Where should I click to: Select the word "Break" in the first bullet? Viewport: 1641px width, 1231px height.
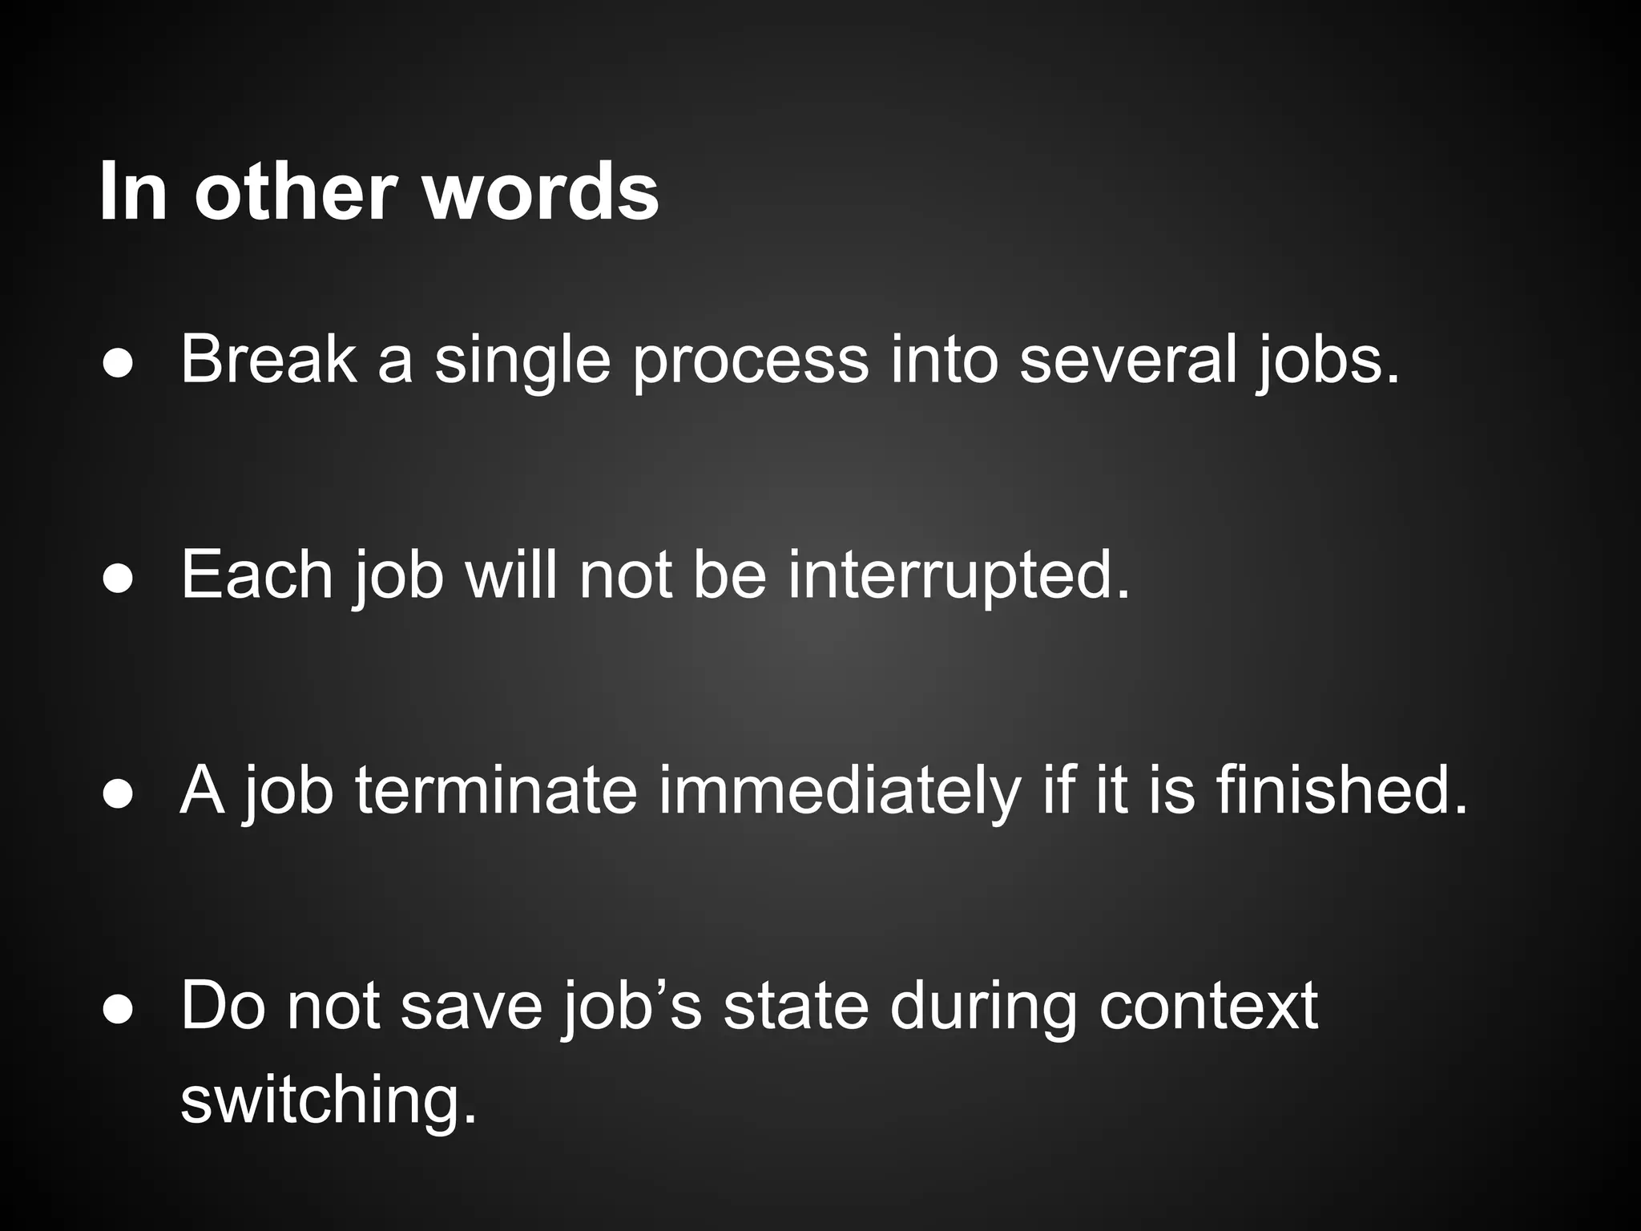[268, 360]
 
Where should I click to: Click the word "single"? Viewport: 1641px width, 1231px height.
[522, 360]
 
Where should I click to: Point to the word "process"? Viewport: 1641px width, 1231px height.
[750, 360]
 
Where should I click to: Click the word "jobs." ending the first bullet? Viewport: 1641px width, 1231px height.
[1328, 360]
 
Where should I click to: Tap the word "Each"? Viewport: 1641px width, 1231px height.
[256, 575]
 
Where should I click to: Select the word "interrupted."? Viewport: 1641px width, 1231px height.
[959, 575]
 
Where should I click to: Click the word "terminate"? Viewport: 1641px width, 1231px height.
[495, 790]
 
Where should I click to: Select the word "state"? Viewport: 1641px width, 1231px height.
[795, 1006]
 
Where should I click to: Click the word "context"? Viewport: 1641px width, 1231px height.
[1208, 1006]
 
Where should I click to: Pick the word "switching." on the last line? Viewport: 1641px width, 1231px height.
[329, 1100]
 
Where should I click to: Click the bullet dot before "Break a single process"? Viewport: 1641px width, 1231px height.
[118, 363]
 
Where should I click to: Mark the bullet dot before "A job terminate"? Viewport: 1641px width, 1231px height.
[118, 793]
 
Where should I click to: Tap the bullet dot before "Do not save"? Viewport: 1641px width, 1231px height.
[118, 1009]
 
